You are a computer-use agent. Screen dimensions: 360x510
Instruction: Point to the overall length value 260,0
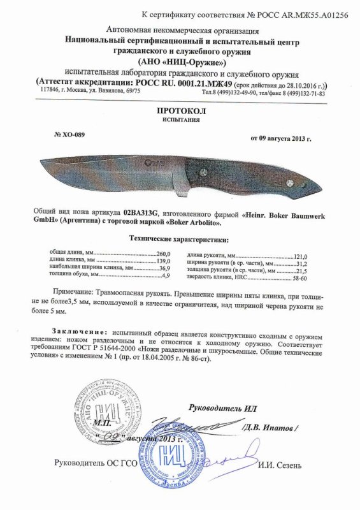(x=165, y=254)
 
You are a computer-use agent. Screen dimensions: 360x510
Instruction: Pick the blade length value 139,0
(x=165, y=261)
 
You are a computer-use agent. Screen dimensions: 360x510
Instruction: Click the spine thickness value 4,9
(x=168, y=277)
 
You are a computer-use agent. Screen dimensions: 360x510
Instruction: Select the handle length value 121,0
(x=299, y=254)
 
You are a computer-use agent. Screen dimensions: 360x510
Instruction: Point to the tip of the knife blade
(x=41, y=161)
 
